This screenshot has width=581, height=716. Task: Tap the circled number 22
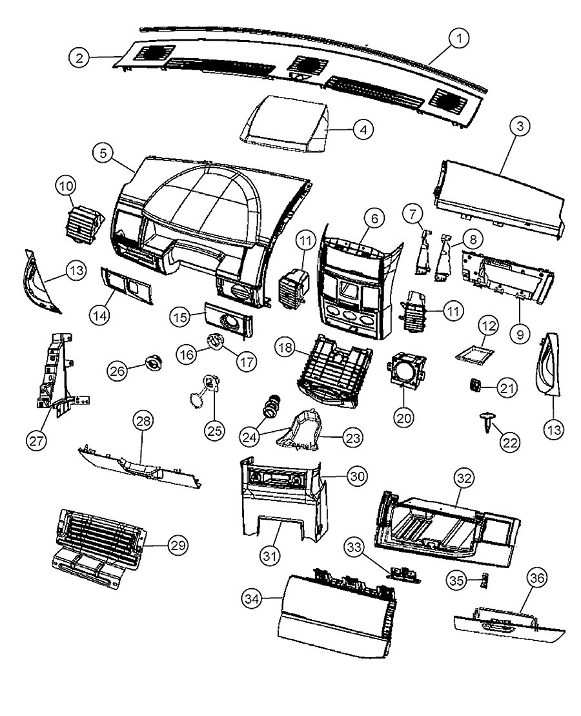[x=511, y=442]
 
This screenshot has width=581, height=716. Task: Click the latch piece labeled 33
[x=404, y=573]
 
